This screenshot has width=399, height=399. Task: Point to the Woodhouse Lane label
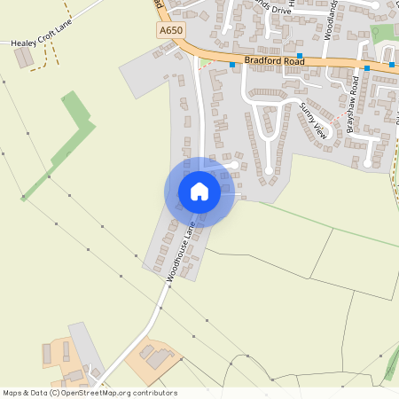pos(180,251)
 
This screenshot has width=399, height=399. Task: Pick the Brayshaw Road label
pos(353,105)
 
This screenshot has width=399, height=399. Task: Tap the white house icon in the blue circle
pos(199,192)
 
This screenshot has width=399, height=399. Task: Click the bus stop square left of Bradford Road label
pos(233,64)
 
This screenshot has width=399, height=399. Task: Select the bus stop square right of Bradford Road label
pos(300,56)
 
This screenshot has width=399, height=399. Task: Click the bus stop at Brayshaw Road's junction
pos(366,67)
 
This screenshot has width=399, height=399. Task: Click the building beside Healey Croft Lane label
pos(24,58)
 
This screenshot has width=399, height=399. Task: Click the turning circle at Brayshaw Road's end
pos(367,163)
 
